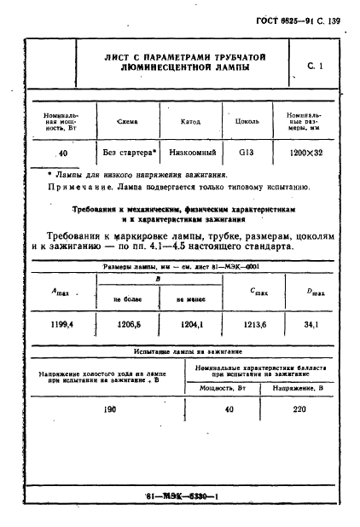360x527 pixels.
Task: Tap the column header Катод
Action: pyautogui.click(x=190, y=121)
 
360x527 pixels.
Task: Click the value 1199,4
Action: pyautogui.click(x=61, y=324)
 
